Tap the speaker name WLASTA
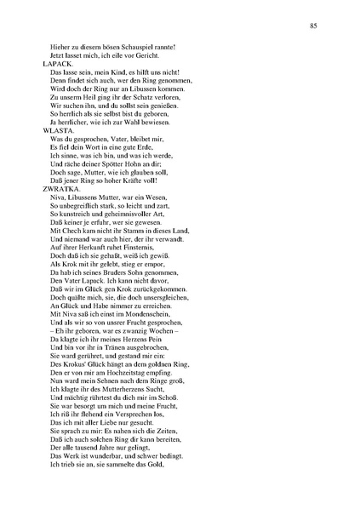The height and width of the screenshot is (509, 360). click(x=57, y=131)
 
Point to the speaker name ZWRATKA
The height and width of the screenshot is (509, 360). click(x=60, y=190)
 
